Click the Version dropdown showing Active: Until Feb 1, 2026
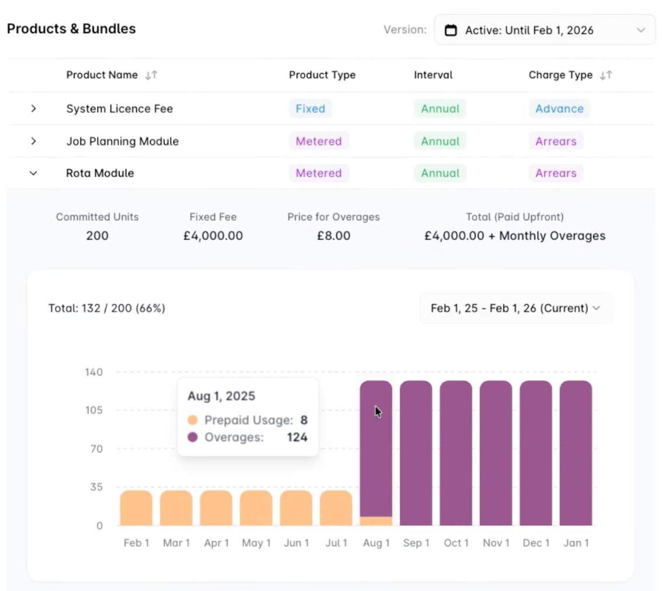pos(544,30)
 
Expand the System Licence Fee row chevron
pos(33,109)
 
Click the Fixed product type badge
pos(310,109)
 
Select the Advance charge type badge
pos(559,109)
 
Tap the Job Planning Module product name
pos(122,141)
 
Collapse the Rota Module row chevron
pos(33,173)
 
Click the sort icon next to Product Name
pos(151,75)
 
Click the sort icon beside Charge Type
pos(606,75)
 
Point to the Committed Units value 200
pos(97,236)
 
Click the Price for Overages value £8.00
pos(333,236)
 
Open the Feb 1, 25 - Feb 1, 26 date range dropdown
pos(516,308)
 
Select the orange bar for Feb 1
pos(136,508)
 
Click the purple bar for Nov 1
pos(496,453)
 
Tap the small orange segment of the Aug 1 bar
pos(376,521)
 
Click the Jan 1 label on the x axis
pos(575,543)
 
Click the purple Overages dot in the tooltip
pos(193,437)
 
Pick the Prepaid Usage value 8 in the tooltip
pos(304,420)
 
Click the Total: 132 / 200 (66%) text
pos(107,308)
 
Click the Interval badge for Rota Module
pos(440,173)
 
